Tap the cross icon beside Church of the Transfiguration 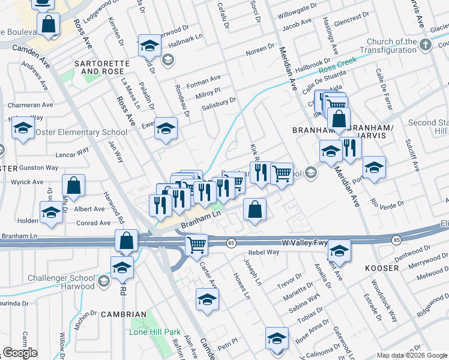click(426, 44)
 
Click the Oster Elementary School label click(81, 132)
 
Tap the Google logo click(20, 353)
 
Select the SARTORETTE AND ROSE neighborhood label click(106, 67)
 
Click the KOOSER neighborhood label click(382, 268)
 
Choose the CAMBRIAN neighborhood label click(124, 314)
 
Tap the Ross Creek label click(337, 64)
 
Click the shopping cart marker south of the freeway click(197, 245)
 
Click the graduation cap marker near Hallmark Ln click(149, 45)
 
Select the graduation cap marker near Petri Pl click(207, 298)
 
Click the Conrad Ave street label click(94, 223)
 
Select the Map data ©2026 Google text click(412, 355)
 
